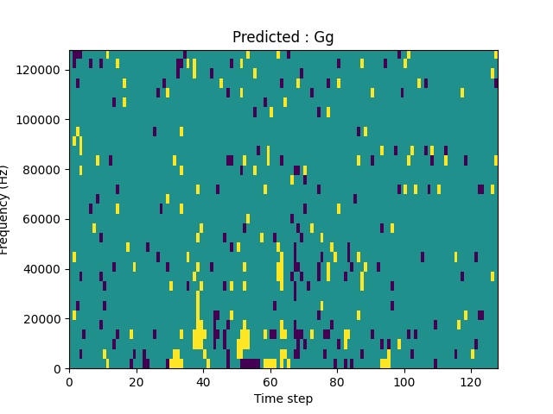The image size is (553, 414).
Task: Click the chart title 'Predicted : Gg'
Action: (283, 37)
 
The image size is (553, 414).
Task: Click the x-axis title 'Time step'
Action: (283, 398)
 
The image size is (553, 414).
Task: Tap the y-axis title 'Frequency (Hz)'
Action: (5, 210)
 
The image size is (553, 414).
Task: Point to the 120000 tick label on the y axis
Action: (42, 70)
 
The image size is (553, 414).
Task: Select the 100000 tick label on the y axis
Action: (42, 120)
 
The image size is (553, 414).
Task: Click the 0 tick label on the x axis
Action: (69, 381)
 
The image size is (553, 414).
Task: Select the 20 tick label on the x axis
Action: (137, 381)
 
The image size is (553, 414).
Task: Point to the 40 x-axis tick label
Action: (203, 381)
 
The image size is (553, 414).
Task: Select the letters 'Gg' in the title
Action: (323, 38)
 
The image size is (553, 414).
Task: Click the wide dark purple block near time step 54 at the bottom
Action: (250, 364)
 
